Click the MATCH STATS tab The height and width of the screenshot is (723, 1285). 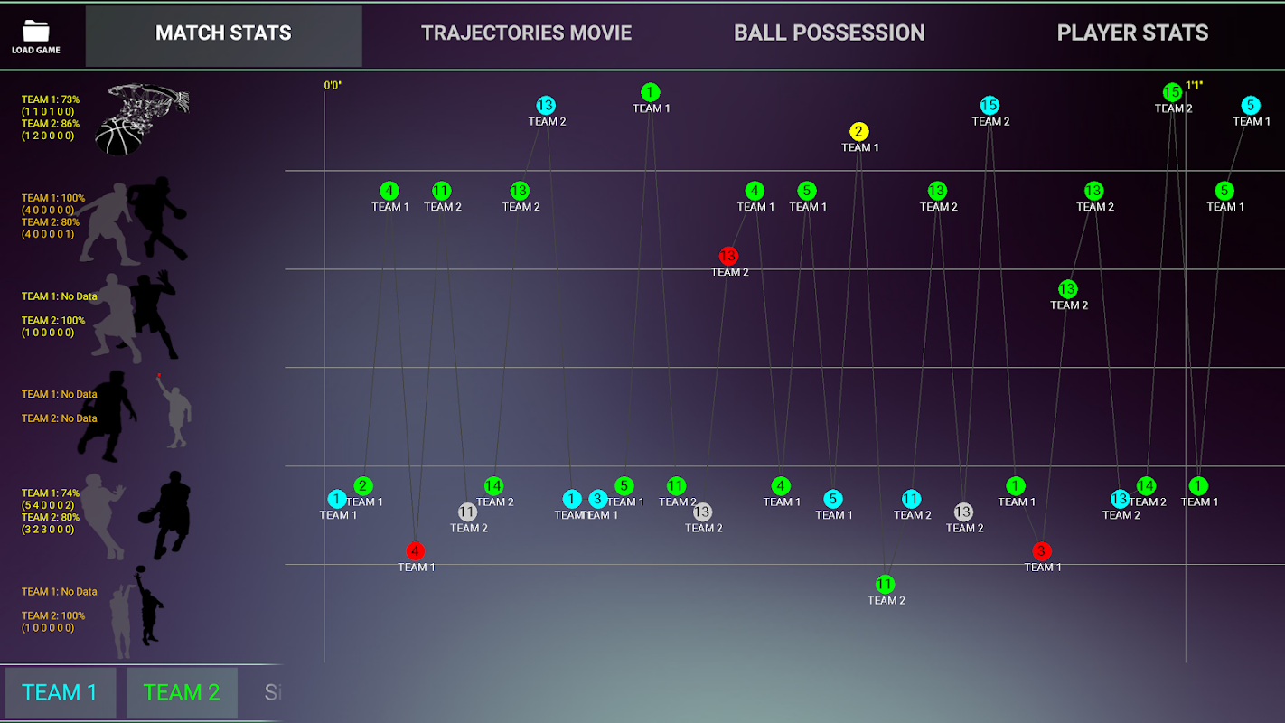[223, 34]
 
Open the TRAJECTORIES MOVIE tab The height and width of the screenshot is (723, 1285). [526, 34]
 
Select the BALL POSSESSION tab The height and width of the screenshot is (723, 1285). [829, 34]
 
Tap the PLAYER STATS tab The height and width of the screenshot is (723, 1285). [1132, 34]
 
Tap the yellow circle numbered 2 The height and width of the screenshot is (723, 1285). [859, 132]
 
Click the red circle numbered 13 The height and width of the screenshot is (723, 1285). [728, 256]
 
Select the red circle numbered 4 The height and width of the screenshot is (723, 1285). [415, 550]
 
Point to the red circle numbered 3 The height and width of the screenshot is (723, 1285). [1041, 550]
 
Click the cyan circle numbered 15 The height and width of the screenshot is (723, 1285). [990, 106]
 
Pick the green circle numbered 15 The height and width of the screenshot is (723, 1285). [1172, 92]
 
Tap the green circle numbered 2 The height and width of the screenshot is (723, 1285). [363, 486]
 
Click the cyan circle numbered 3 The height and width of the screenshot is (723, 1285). [597, 499]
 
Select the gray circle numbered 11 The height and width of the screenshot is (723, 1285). [467, 512]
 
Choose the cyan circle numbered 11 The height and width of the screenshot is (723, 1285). [911, 499]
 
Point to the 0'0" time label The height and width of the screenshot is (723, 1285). [333, 86]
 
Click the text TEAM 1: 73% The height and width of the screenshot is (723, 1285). [51, 99]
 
